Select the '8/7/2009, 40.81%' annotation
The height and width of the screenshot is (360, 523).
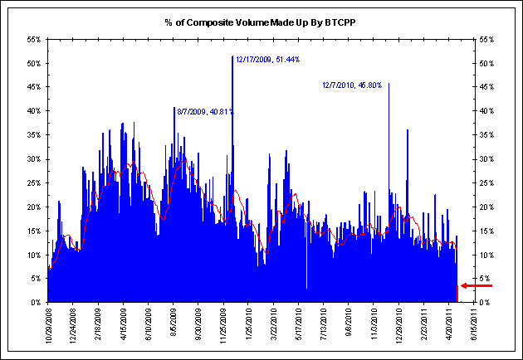pyautogui.click(x=203, y=111)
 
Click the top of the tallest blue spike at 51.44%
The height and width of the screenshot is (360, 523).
pyautogui.click(x=232, y=57)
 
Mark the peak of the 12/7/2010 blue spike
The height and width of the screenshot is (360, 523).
pyautogui.click(x=389, y=84)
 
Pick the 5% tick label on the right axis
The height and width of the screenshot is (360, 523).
pyautogui.click(x=484, y=279)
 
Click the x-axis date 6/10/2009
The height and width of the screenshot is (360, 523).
pyautogui.click(x=148, y=326)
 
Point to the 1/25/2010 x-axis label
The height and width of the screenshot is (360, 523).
pyautogui.click(x=247, y=326)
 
